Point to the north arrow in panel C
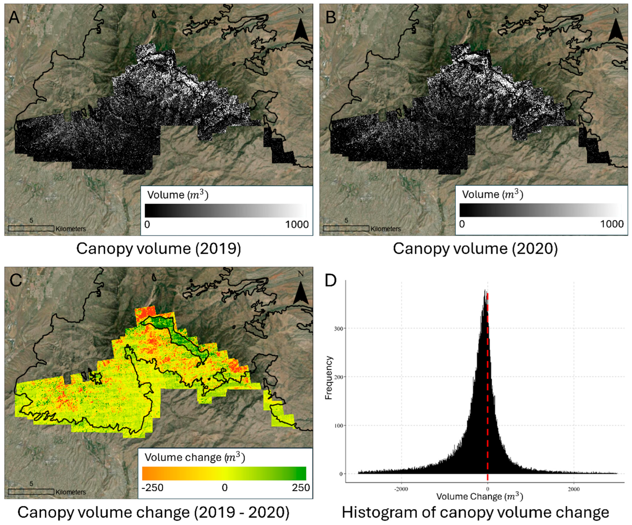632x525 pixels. click(x=301, y=293)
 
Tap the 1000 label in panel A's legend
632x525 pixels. click(x=297, y=225)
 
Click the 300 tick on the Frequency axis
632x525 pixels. click(x=339, y=329)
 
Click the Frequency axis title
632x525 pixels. click(x=329, y=378)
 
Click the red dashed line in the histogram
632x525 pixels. click(x=488, y=392)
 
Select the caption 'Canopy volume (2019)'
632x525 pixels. click(x=159, y=249)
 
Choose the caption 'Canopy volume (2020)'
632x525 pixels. click(x=475, y=249)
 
